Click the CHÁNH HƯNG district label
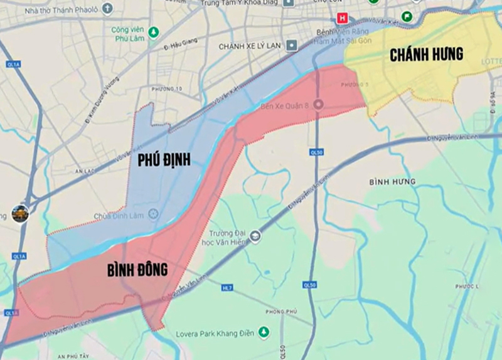(426, 55)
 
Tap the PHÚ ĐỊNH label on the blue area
(164, 161)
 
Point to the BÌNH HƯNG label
(392, 182)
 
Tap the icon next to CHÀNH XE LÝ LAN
(291, 46)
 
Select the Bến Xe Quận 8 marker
(318, 105)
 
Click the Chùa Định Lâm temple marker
(153, 214)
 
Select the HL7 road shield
(227, 287)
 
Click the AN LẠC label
(84, 171)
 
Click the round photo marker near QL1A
(20, 213)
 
